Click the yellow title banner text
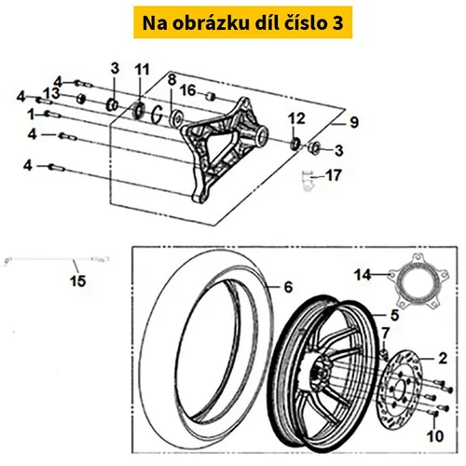click(x=242, y=23)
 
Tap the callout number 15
click(x=77, y=281)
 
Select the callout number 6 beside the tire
click(x=288, y=287)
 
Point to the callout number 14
click(x=363, y=275)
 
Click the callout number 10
click(x=435, y=436)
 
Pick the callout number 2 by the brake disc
click(x=443, y=359)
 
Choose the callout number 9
click(x=354, y=122)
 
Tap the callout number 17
click(x=334, y=175)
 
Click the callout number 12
click(x=296, y=119)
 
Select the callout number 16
click(x=188, y=90)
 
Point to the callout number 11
click(x=142, y=70)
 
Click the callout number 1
click(x=31, y=116)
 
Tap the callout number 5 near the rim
click(x=394, y=315)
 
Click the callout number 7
click(x=385, y=334)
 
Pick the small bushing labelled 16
click(x=211, y=96)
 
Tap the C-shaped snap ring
click(x=158, y=114)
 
